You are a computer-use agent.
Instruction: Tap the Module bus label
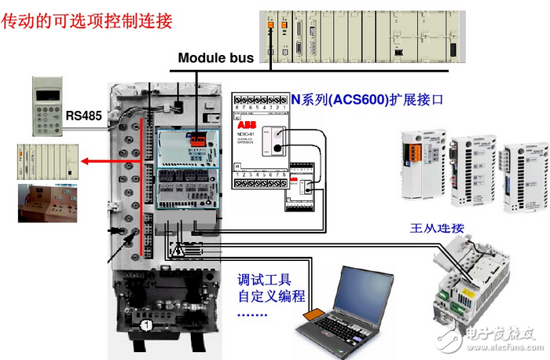click(x=215, y=57)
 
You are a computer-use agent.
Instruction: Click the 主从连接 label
click(x=438, y=228)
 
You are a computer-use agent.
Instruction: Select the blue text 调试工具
click(x=266, y=279)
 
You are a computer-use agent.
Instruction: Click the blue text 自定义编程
click(x=271, y=296)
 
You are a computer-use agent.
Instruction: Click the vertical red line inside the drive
click(x=141, y=189)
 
